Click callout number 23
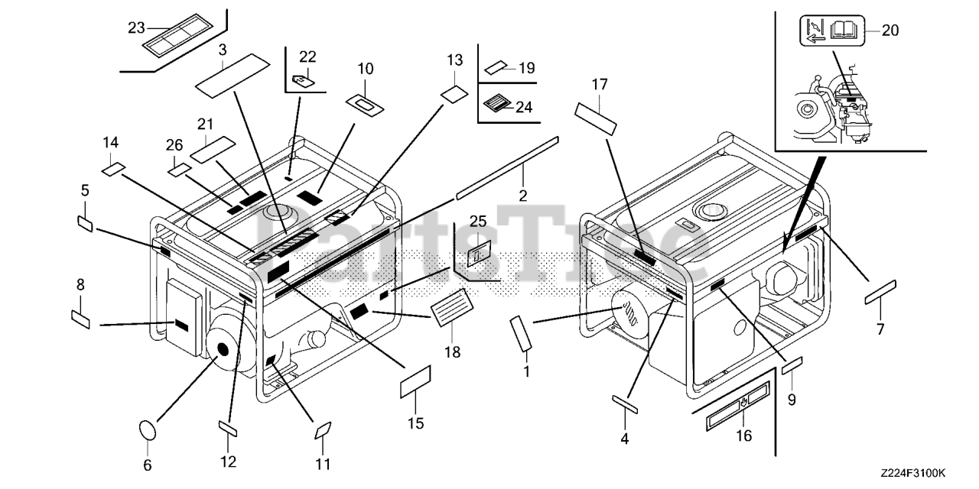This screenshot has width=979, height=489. (x=136, y=28)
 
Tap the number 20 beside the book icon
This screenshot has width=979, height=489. (x=890, y=31)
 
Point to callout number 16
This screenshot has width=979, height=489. (x=743, y=436)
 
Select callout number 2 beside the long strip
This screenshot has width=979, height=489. (x=523, y=195)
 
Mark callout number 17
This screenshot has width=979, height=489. (x=599, y=84)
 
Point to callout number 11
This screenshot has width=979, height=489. (x=322, y=463)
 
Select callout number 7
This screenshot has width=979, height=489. (x=880, y=329)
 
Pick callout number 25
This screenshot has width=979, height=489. (x=478, y=222)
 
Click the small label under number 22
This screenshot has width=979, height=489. (x=303, y=78)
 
